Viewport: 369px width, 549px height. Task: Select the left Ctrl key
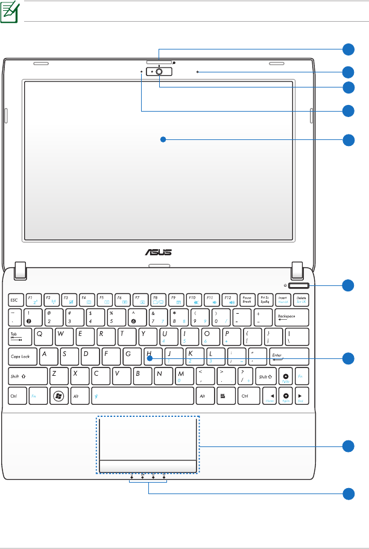coord(16,396)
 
